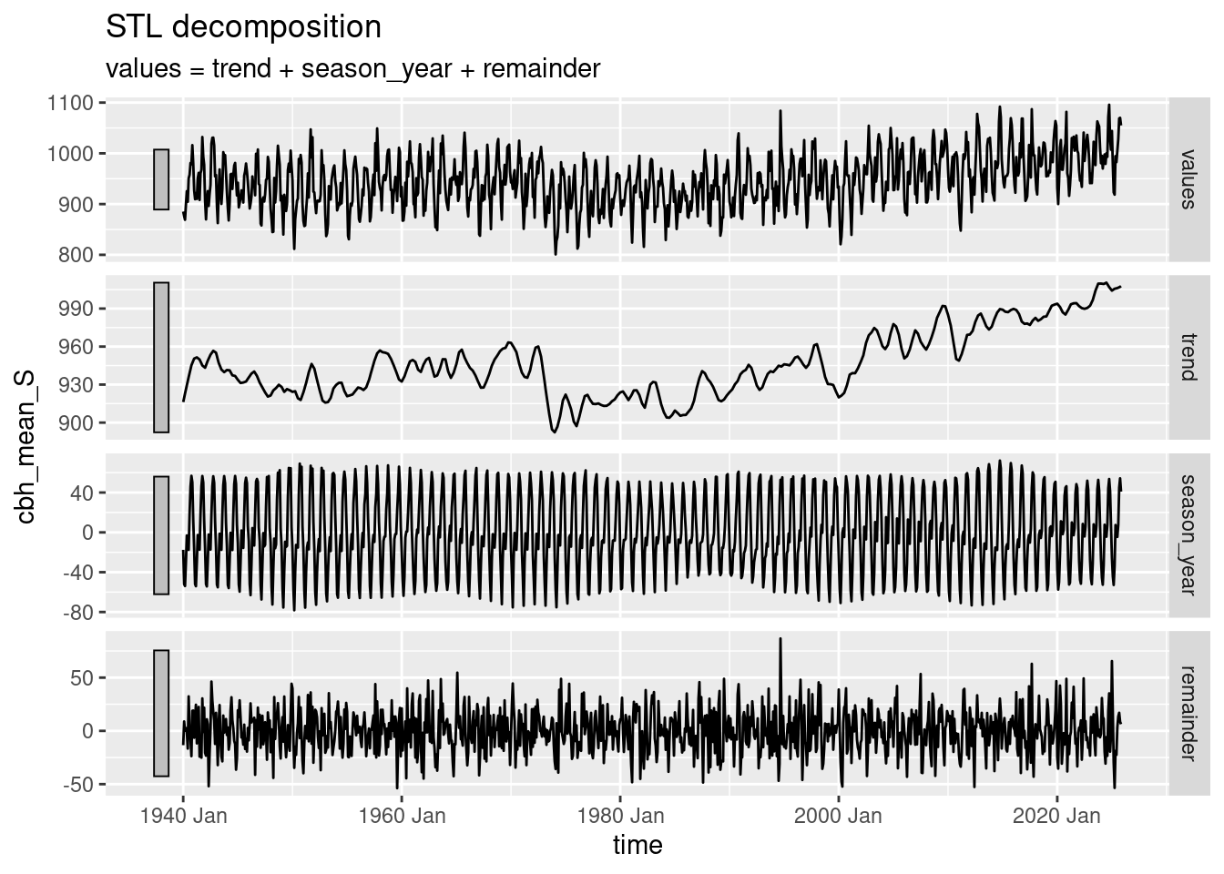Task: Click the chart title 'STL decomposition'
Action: coord(243,27)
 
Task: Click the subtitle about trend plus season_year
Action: coord(352,68)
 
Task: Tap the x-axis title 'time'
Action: coord(637,845)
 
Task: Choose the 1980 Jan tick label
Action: coord(619,815)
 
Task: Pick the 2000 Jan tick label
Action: coord(838,815)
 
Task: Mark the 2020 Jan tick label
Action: coord(1056,815)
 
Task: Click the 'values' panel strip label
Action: coord(1186,178)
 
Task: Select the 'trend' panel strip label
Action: coord(1186,357)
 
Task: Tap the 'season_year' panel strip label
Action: coord(1186,534)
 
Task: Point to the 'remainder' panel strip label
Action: coord(1186,713)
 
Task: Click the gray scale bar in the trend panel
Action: coord(161,357)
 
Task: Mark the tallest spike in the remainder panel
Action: coord(780,639)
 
